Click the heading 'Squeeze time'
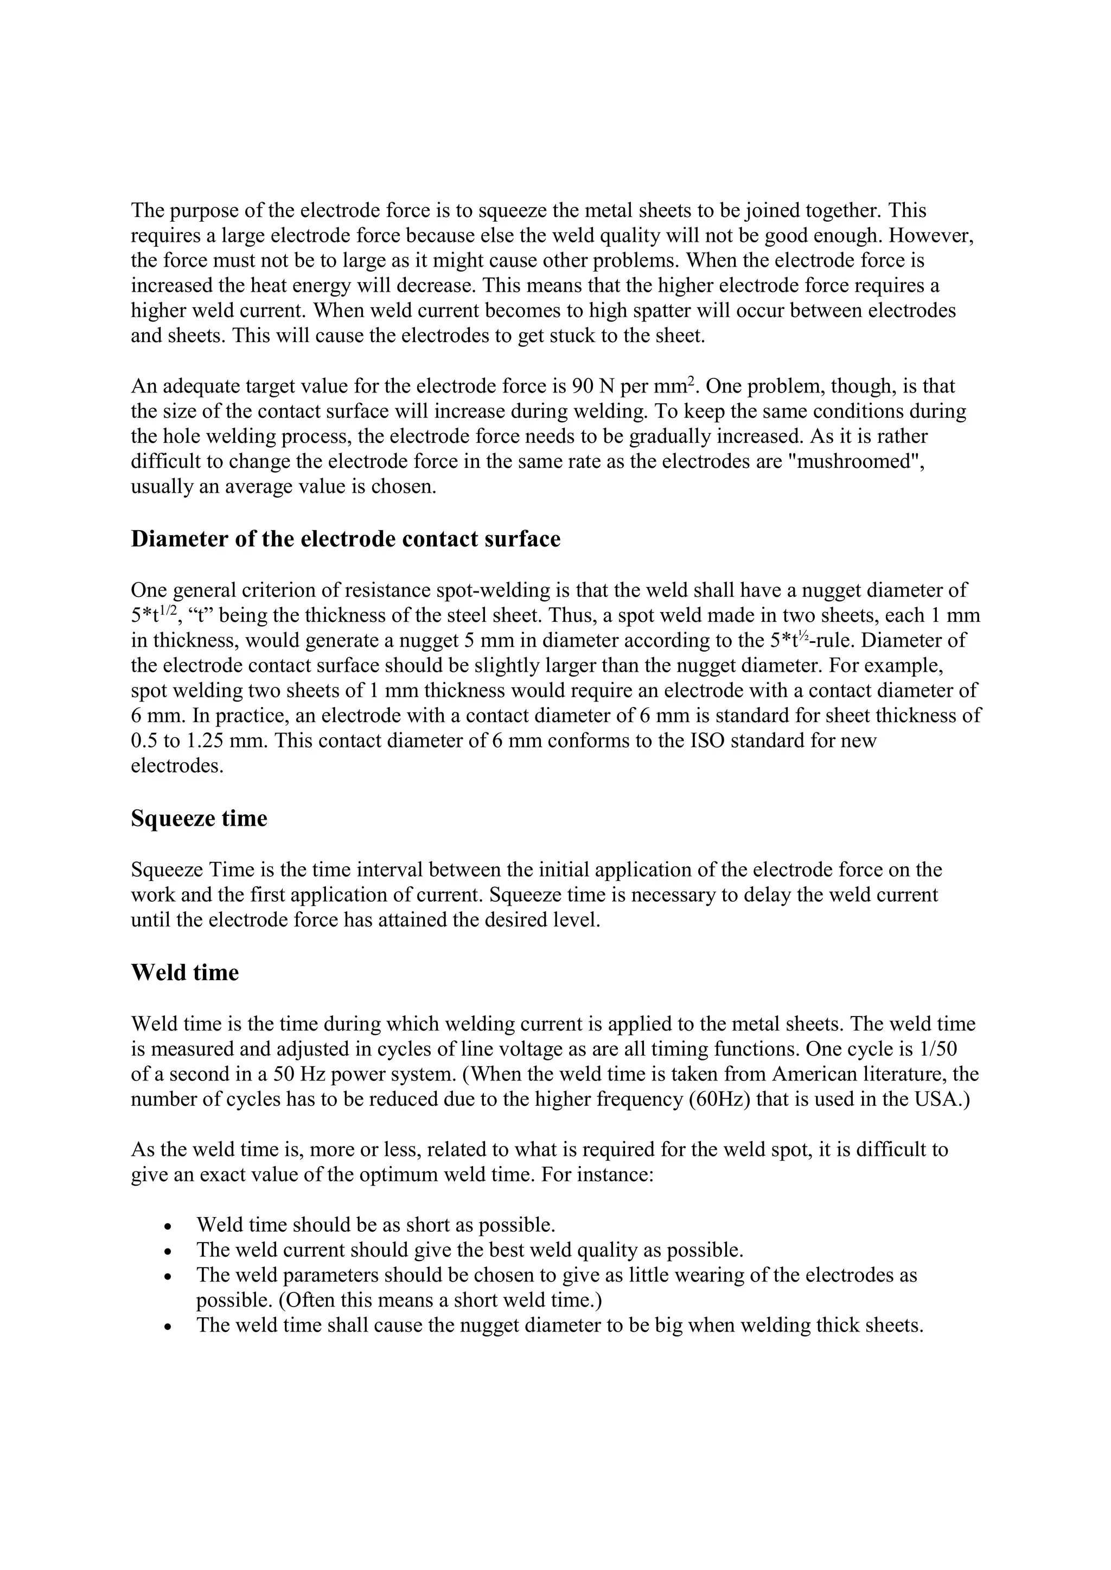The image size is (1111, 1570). [199, 819]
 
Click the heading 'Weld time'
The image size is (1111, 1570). [184, 973]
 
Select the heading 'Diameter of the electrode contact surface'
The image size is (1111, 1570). [346, 539]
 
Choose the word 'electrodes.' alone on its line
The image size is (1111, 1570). [177, 766]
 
